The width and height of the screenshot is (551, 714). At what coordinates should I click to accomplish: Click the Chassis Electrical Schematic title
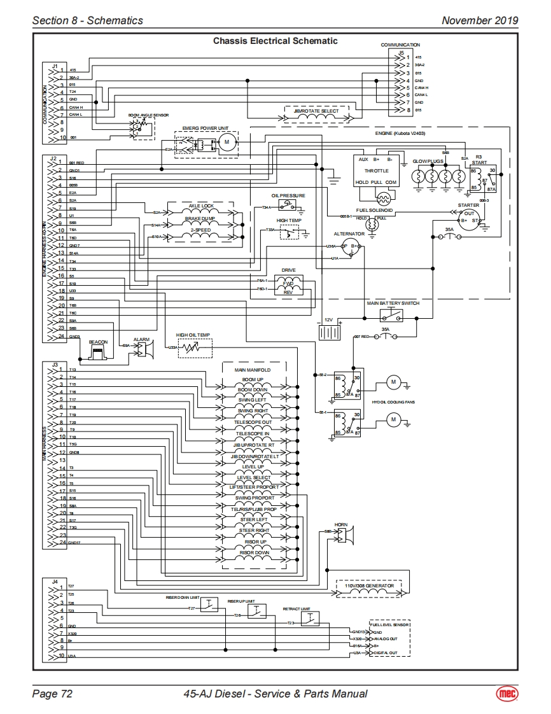275,41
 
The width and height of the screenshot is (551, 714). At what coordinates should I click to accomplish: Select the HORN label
341,525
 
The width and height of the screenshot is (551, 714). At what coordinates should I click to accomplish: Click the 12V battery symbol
329,332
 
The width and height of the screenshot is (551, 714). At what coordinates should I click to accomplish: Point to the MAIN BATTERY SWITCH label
393,304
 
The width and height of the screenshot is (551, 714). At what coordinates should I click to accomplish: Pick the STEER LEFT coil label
254,520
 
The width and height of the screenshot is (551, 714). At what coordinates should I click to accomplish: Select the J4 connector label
55,581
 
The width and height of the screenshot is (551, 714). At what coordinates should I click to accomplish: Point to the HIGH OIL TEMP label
193,335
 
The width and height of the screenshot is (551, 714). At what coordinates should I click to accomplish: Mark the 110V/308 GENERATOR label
370,585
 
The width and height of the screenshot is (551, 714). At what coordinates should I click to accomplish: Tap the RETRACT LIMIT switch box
310,619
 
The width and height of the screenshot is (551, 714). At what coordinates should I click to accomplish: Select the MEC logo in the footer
507,694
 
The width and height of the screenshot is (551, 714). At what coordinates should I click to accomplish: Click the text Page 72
52,694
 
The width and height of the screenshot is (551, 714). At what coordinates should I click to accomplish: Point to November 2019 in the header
480,20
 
